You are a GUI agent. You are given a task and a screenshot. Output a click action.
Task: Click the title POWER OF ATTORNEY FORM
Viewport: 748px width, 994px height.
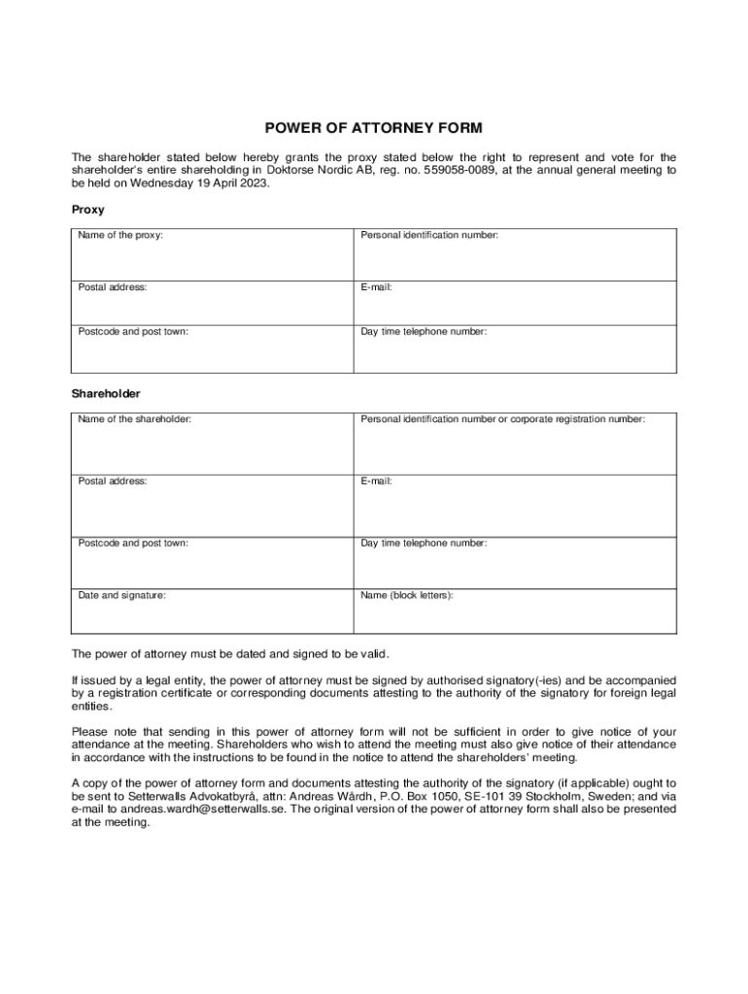(374, 128)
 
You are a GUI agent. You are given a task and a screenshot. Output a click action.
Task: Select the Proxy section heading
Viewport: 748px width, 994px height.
(87, 210)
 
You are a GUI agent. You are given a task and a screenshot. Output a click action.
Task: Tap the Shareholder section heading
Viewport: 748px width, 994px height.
(106, 394)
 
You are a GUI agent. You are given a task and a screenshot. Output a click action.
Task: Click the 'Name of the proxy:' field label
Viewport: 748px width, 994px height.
(120, 236)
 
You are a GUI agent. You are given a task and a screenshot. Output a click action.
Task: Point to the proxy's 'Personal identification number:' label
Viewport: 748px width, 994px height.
(429, 236)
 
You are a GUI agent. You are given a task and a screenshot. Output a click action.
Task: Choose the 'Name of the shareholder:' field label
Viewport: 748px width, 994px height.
(134, 419)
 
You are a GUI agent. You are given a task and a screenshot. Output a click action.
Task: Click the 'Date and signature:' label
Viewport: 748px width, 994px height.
(121, 595)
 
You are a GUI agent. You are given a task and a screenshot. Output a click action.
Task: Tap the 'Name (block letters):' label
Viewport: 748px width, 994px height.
(407, 595)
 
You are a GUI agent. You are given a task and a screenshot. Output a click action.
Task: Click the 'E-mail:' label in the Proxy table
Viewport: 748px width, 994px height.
(376, 287)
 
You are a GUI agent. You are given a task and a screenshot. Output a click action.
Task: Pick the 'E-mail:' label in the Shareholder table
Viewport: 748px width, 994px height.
(376, 480)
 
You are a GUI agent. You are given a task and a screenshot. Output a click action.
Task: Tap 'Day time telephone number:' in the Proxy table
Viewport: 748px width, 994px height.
(424, 332)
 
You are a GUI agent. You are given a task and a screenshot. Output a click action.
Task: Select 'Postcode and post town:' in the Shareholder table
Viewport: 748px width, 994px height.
(133, 544)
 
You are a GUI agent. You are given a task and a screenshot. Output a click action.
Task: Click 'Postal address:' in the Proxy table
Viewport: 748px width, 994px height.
(112, 287)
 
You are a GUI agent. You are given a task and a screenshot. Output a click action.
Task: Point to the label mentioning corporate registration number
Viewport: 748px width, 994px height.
(502, 419)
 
